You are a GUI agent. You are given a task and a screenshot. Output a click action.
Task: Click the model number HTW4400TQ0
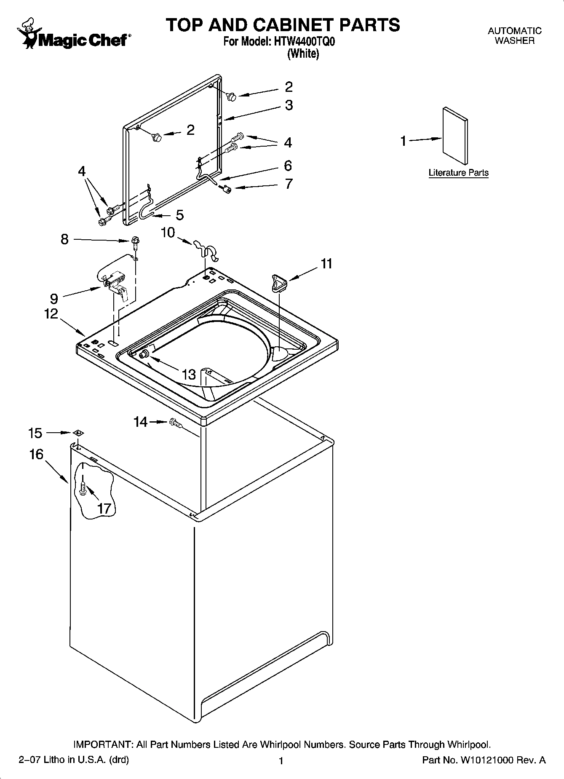point(305,42)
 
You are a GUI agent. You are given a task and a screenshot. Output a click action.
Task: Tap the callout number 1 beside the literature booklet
point(404,141)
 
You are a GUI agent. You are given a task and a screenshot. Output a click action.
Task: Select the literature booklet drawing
point(455,135)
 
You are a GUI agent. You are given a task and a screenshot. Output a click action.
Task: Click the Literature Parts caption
point(458,173)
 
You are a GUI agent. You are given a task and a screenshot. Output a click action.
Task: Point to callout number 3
point(289,105)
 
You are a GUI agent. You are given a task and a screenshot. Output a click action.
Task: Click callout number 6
point(288,166)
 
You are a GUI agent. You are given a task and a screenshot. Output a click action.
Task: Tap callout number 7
point(289,184)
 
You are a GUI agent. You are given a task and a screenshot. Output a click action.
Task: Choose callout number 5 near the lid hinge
point(180,215)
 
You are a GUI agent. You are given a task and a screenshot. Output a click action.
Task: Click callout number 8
point(64,239)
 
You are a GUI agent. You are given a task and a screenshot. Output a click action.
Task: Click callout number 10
point(168,232)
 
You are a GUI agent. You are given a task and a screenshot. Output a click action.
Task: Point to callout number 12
point(51,313)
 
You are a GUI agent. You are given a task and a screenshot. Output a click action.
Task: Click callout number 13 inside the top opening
point(189,374)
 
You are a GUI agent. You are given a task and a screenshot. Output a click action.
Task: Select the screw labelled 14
point(176,423)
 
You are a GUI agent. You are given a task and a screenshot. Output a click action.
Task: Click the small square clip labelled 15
point(78,433)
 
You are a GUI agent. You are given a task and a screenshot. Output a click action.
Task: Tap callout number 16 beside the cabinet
point(36,454)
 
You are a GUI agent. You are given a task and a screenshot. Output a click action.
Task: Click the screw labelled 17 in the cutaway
point(83,489)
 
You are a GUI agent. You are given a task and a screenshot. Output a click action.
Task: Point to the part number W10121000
point(486,760)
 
